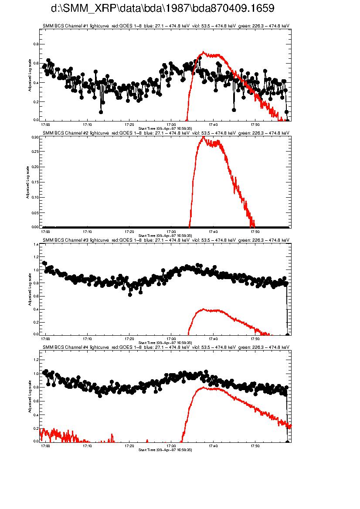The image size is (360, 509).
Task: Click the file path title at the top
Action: click(163, 8)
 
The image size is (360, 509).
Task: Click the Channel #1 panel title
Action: click(166, 26)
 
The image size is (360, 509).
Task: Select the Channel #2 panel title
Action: click(166, 133)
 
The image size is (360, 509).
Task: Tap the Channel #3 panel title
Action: click(166, 240)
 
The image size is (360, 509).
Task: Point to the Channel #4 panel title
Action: click(166, 347)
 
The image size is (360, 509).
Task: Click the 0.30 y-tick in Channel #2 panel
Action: click(36, 137)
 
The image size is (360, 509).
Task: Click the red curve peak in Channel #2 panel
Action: click(203, 137)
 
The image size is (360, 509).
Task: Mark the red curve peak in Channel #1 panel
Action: click(202, 52)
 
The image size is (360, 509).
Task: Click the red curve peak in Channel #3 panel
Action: click(203, 309)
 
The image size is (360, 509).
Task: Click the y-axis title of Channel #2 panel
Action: click(27, 182)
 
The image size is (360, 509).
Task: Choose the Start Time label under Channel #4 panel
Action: click(165, 449)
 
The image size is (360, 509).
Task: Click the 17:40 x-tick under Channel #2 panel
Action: click(214, 231)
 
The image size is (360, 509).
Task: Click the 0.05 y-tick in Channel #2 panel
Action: click(36, 212)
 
